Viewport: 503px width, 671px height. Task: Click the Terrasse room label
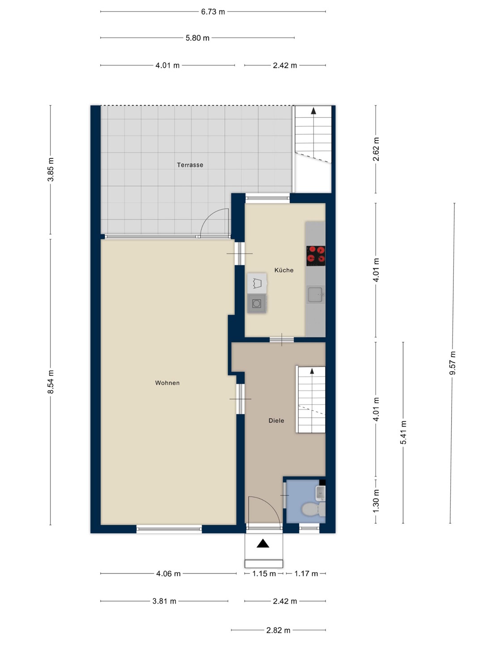click(x=190, y=165)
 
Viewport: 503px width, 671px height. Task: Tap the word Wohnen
click(x=167, y=383)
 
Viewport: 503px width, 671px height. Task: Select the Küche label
click(x=284, y=270)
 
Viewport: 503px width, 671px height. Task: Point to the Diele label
click(x=276, y=420)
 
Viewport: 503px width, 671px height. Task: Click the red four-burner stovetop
click(x=316, y=256)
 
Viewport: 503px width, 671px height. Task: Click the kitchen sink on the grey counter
click(x=316, y=294)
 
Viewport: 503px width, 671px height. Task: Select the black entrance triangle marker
click(x=262, y=544)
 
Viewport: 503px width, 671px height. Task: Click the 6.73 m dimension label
click(x=213, y=12)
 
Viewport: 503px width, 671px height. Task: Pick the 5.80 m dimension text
click(x=197, y=38)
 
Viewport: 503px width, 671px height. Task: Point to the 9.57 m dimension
click(x=453, y=363)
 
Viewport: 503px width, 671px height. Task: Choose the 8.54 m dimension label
click(x=51, y=382)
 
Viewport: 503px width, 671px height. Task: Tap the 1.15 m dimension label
click(x=264, y=574)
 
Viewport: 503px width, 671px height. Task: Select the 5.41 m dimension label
click(x=403, y=432)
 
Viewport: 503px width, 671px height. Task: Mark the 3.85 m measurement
click(x=51, y=170)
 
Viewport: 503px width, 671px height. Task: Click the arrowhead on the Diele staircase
click(x=312, y=371)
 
